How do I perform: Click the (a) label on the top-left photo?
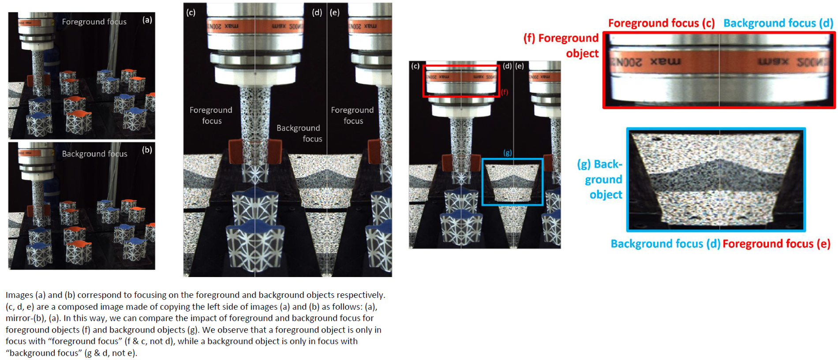(147, 20)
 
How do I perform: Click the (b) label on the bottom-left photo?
(147, 150)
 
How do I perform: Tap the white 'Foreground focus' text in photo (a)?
(94, 22)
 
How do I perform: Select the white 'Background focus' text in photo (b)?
(94, 154)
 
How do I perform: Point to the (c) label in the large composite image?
(191, 12)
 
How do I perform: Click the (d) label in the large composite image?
(317, 12)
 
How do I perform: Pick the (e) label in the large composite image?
(335, 12)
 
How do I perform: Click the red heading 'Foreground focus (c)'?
(661, 23)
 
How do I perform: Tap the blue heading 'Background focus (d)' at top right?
(778, 23)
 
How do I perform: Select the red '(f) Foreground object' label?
(561, 45)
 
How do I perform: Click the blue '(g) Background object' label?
(601, 179)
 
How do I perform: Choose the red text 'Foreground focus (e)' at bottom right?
(776, 244)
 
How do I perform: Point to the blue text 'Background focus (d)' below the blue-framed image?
(665, 244)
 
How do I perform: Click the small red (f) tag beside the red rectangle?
(504, 92)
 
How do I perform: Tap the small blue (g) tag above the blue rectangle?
(508, 153)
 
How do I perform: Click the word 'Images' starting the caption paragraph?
(19, 295)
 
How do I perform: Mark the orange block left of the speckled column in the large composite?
(235, 151)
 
